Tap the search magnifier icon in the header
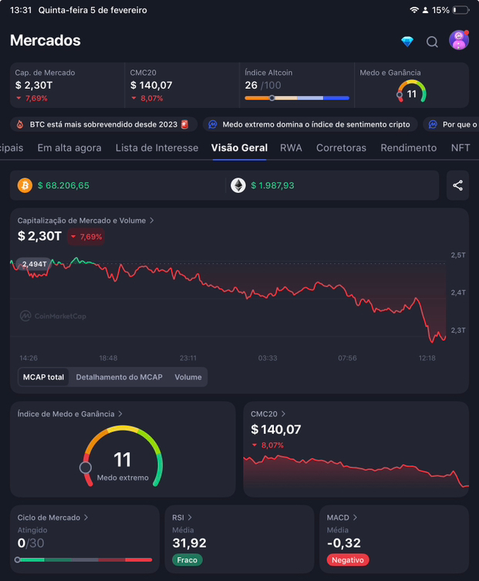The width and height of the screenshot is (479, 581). tap(433, 42)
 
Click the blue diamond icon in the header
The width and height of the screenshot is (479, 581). tap(407, 42)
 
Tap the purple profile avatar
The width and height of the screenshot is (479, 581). tap(459, 40)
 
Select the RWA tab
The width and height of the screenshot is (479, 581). tap(291, 147)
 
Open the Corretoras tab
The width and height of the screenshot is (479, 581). tap(341, 147)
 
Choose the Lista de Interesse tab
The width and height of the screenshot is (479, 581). tap(157, 147)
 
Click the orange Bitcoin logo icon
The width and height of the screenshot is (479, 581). tap(25, 185)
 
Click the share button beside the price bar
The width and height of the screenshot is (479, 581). tap(458, 185)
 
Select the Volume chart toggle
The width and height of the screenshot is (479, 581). tap(188, 377)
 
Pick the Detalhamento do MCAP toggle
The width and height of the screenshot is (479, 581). tap(119, 377)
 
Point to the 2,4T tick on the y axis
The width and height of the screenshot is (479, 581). tap(457, 292)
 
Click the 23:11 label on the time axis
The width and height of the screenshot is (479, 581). tap(188, 358)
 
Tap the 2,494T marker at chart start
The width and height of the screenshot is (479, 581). tap(34, 264)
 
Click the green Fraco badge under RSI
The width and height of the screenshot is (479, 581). tap(187, 560)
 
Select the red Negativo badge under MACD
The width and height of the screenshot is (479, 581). tap(347, 560)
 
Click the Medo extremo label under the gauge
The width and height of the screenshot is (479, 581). tap(123, 478)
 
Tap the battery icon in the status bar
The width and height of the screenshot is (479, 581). tap(460, 10)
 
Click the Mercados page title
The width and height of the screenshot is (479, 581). tap(46, 40)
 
